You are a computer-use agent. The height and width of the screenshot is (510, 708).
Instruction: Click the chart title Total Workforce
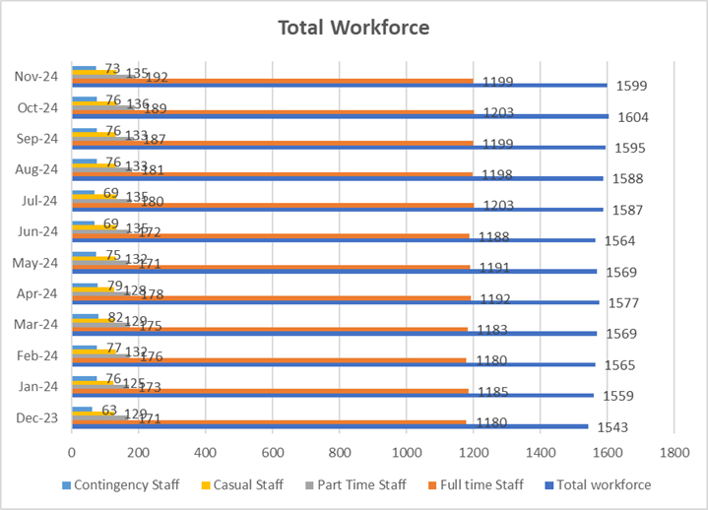[354, 28]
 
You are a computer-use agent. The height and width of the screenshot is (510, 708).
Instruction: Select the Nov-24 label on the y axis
[35, 76]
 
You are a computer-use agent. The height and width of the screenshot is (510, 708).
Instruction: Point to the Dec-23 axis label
[36, 418]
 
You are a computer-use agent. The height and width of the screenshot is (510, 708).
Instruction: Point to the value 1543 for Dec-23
[622, 427]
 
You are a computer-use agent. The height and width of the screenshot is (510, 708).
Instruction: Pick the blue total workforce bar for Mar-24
[334, 334]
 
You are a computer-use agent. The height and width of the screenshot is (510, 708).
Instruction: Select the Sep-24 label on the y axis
[37, 138]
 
